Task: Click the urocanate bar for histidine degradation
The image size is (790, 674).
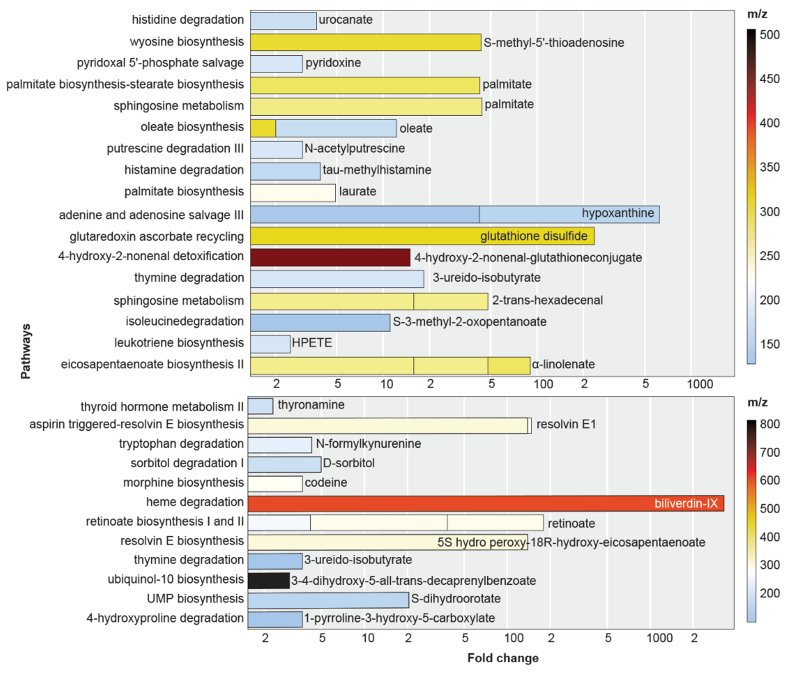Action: click(283, 21)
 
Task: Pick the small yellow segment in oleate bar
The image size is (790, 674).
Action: click(263, 128)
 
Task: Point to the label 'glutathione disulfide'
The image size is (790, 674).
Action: click(533, 236)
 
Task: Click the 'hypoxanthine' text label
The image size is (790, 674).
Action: click(617, 213)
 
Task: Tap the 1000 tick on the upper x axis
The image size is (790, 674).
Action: click(700, 384)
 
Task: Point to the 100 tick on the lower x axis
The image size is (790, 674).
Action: click(513, 638)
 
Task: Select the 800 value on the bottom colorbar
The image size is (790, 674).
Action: click(769, 424)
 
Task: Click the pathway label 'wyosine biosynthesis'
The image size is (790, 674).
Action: click(187, 42)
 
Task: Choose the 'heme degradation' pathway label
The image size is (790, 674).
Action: click(195, 502)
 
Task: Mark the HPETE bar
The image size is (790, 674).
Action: click(270, 344)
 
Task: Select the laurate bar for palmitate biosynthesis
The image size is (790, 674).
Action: click(293, 193)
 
